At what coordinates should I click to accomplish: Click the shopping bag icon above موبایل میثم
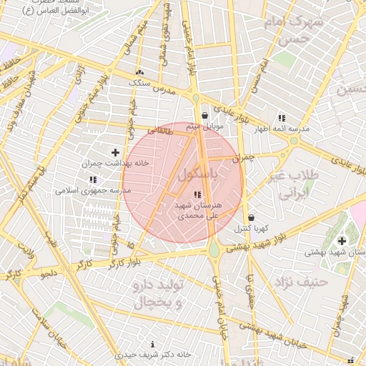205,115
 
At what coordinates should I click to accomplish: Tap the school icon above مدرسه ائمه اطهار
282,118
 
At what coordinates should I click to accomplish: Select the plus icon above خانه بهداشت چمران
115,152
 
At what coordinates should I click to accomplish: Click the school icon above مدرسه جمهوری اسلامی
92,180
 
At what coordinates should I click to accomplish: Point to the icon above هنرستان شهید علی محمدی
197,194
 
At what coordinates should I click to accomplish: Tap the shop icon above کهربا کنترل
251,218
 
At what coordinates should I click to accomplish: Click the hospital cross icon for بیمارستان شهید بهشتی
342,241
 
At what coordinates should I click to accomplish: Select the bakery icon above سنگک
139,73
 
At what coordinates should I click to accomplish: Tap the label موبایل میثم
205,127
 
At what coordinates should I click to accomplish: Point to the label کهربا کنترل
251,229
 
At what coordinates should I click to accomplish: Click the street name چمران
247,157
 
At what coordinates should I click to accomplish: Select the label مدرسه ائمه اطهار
285,129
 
